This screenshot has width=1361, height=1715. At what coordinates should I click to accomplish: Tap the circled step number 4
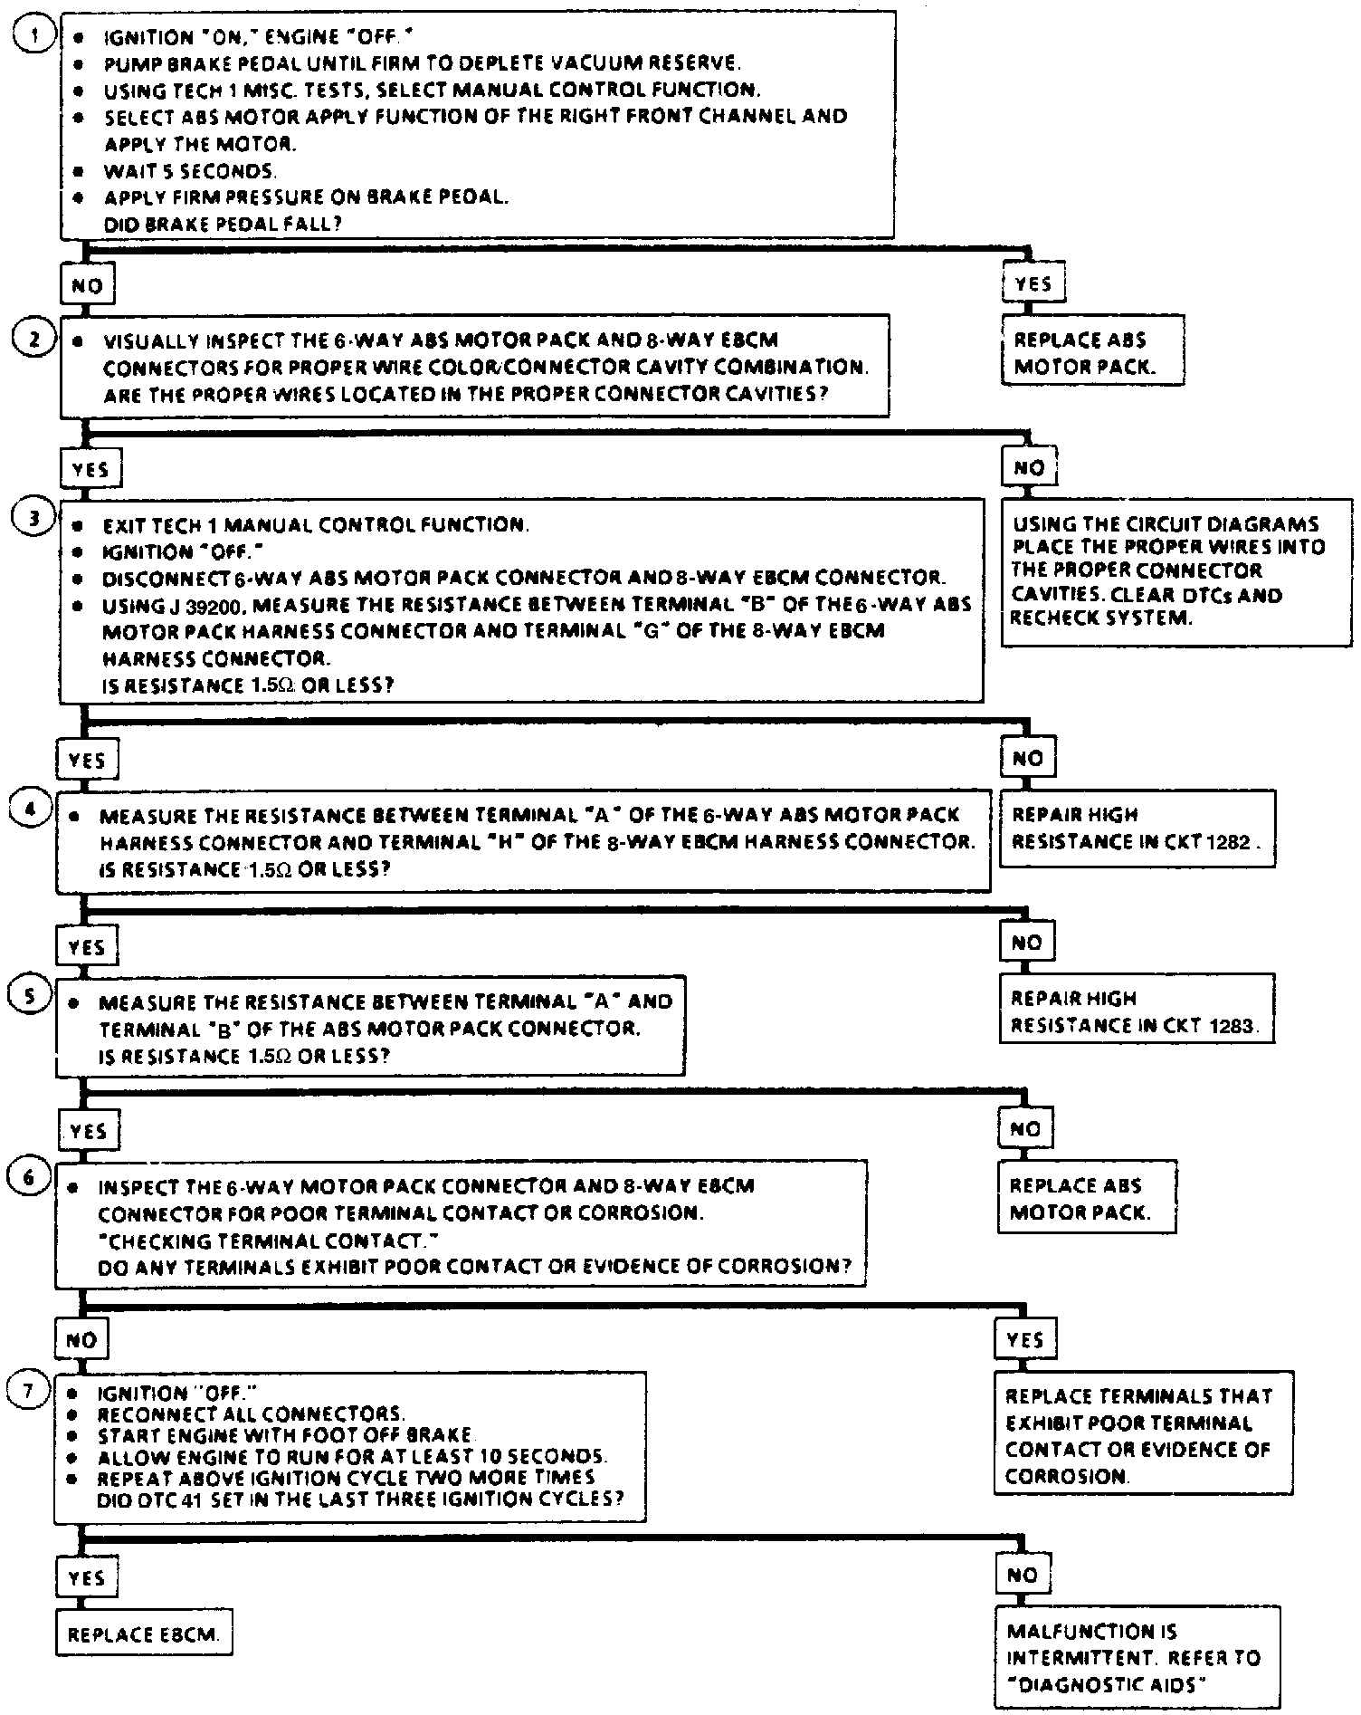click(x=30, y=809)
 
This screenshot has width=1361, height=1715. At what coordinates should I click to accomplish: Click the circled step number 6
click(x=29, y=1178)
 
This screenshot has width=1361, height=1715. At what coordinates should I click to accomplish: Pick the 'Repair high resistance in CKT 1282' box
click(x=1137, y=828)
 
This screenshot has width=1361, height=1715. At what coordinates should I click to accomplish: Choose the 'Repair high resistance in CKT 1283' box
click(x=1136, y=1011)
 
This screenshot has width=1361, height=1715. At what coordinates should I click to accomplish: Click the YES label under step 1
click(x=1033, y=283)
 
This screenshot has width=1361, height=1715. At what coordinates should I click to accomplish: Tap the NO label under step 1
click(x=87, y=285)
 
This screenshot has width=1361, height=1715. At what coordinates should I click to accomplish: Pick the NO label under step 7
click(x=1022, y=1576)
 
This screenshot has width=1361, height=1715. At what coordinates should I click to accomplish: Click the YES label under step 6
click(x=1024, y=1339)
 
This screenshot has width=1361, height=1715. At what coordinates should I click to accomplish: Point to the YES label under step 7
click(x=87, y=1577)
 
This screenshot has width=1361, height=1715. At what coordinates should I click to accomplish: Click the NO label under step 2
click(x=1029, y=468)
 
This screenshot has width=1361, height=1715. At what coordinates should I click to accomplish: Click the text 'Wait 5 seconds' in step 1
click(x=190, y=171)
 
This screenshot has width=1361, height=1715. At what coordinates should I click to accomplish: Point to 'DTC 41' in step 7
click(x=179, y=1499)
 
